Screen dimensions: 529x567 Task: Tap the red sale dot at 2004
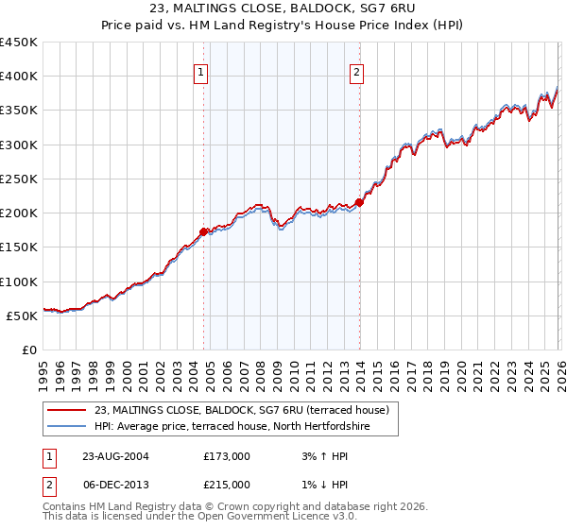point(203,230)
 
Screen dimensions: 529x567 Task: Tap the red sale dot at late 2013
point(359,202)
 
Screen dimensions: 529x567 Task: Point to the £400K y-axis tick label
point(19,77)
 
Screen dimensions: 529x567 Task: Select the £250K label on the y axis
point(19,179)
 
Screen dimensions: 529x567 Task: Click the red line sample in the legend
point(67,410)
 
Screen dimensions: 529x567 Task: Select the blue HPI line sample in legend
point(67,426)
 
